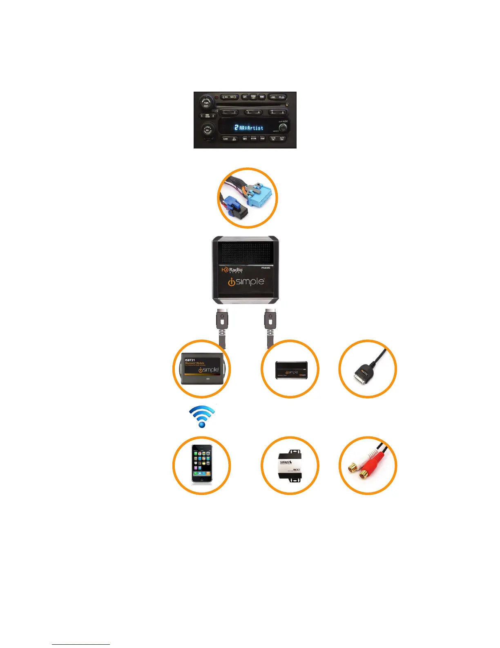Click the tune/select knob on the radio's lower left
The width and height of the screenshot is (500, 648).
click(208, 130)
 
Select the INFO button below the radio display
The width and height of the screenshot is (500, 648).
click(245, 139)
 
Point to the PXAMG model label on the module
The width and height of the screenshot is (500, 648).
click(266, 268)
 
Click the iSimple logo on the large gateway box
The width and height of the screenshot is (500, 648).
click(246, 282)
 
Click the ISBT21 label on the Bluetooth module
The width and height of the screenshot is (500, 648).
click(190, 360)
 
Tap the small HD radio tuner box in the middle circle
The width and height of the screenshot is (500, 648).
click(291, 370)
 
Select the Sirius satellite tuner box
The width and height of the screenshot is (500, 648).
click(290, 466)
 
